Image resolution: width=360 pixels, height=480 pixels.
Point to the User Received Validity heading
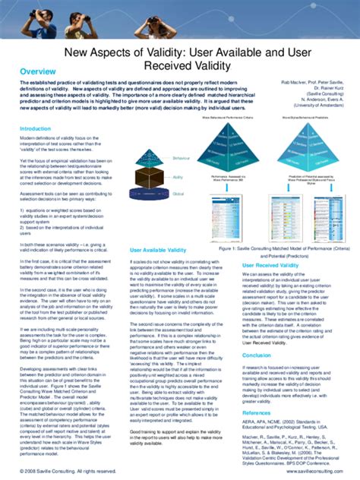pyautogui.click(x=270, y=265)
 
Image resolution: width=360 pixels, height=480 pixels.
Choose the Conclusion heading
pyautogui.click(x=257, y=355)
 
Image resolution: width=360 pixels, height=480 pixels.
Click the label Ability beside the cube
pyautogui.click(x=178, y=176)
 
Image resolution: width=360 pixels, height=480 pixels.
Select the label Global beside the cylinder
pyautogui.click(x=178, y=193)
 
